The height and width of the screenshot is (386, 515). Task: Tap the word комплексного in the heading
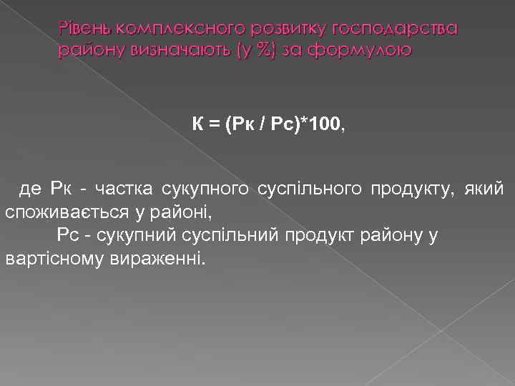(168, 28)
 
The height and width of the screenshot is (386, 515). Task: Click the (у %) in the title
(237, 50)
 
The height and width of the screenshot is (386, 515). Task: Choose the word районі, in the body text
(186, 212)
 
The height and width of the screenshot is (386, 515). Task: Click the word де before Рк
(30, 189)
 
